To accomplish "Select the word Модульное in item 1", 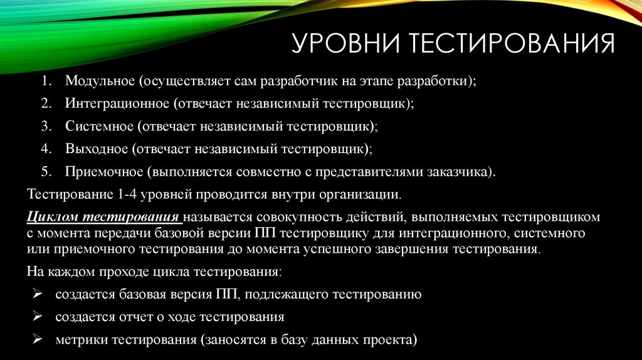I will pos(100,82).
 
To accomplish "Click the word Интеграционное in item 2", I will pos(117,104).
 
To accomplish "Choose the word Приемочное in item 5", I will pos(103,172).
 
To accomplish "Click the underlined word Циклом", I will pos(53,218).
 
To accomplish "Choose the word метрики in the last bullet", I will pos(82,340).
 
